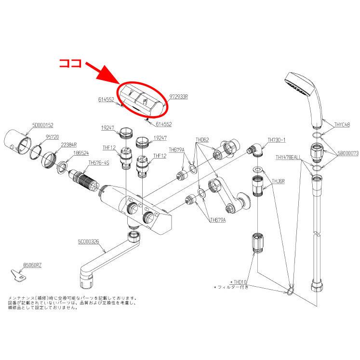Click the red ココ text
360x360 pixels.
pyautogui.click(x=71, y=64)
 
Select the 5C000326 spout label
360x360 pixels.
pyautogui.click(x=88, y=241)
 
